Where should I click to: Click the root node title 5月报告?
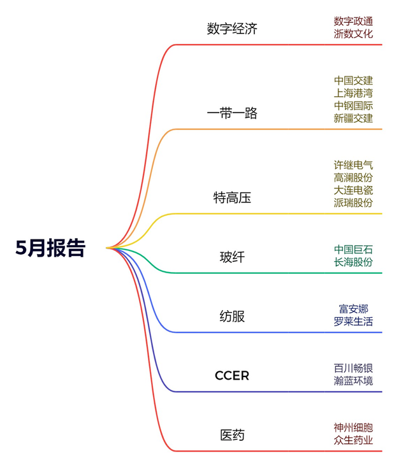(x=50, y=248)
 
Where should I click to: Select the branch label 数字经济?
(x=232, y=29)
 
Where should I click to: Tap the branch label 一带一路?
(x=232, y=113)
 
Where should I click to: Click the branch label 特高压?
(x=232, y=197)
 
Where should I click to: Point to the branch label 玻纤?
(x=232, y=257)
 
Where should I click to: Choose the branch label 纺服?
(x=232, y=317)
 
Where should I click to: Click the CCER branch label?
(x=232, y=376)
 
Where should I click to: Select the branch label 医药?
(x=232, y=436)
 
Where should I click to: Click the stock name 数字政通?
(x=353, y=22)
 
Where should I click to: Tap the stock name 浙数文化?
(x=353, y=34)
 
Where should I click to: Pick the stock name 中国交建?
(x=353, y=81)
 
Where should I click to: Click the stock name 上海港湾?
(x=353, y=93)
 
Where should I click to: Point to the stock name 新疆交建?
(x=353, y=118)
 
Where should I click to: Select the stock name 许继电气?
(x=353, y=165)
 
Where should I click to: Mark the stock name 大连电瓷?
(x=353, y=190)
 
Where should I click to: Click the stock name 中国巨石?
(x=353, y=249)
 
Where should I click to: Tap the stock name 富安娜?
(x=353, y=309)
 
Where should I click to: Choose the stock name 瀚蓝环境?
(x=353, y=381)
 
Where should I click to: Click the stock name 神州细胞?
(x=353, y=427)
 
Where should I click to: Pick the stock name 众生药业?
(x=353, y=440)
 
